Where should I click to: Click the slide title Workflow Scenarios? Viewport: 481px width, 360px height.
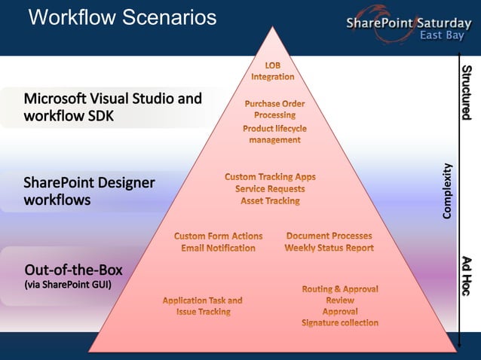(x=122, y=18)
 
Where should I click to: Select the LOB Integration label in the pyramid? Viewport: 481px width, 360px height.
(x=272, y=71)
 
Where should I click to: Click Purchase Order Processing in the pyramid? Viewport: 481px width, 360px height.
(x=274, y=109)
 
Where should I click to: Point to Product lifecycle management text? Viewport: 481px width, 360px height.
(x=274, y=134)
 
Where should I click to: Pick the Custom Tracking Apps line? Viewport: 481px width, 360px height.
(x=270, y=176)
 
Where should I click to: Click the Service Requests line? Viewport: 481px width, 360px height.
(x=270, y=188)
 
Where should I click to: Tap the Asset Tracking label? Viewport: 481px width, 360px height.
(x=270, y=201)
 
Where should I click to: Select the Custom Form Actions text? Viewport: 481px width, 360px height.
(x=218, y=236)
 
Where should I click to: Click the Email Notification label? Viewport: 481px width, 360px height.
(x=218, y=248)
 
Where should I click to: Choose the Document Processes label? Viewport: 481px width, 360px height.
(x=329, y=236)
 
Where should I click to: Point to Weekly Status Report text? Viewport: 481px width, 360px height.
(x=329, y=248)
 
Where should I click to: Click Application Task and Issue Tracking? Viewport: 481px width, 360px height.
(x=203, y=305)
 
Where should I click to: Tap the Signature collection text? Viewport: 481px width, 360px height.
(x=339, y=323)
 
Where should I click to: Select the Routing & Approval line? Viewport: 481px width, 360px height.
(x=340, y=288)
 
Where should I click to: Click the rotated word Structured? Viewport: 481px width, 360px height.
(x=467, y=92)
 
